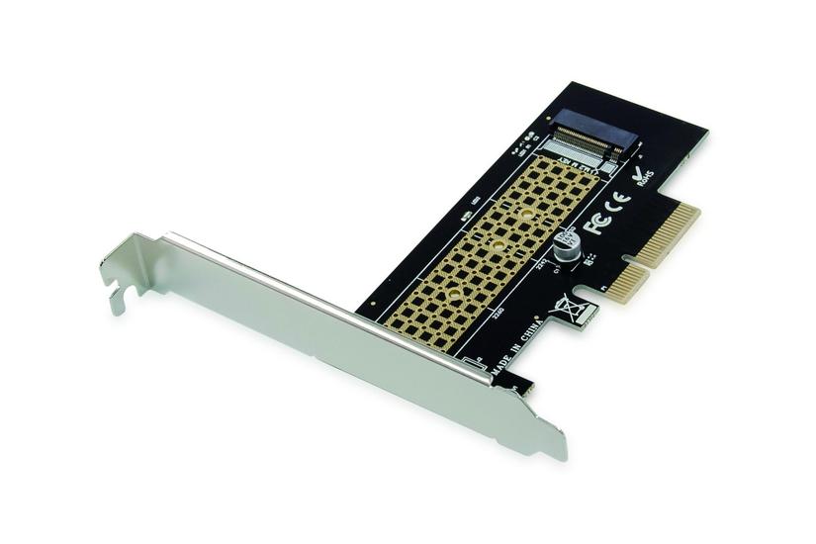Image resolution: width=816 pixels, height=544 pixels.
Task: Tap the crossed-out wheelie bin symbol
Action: click(570, 307)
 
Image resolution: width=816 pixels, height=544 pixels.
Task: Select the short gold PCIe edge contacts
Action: click(627, 284)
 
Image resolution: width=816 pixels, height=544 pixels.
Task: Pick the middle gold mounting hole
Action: click(499, 240)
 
